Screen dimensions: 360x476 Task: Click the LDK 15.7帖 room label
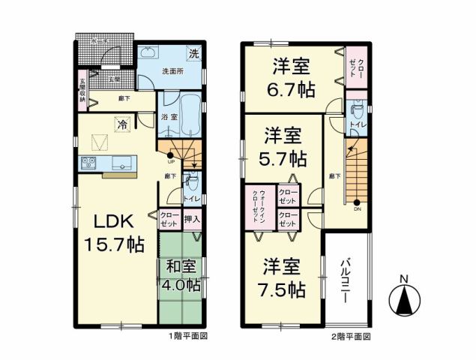tap(114, 233)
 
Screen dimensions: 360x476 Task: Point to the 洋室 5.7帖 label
tap(283, 147)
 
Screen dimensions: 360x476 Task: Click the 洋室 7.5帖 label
tap(283, 277)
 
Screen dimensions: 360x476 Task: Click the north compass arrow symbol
tap(403, 302)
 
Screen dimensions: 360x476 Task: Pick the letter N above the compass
tap(403, 280)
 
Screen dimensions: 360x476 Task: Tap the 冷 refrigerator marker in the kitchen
tap(121, 124)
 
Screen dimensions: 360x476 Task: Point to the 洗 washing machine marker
tap(193, 54)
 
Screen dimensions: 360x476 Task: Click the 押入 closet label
tap(191, 219)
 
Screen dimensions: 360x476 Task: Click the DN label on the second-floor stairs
tap(356, 209)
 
